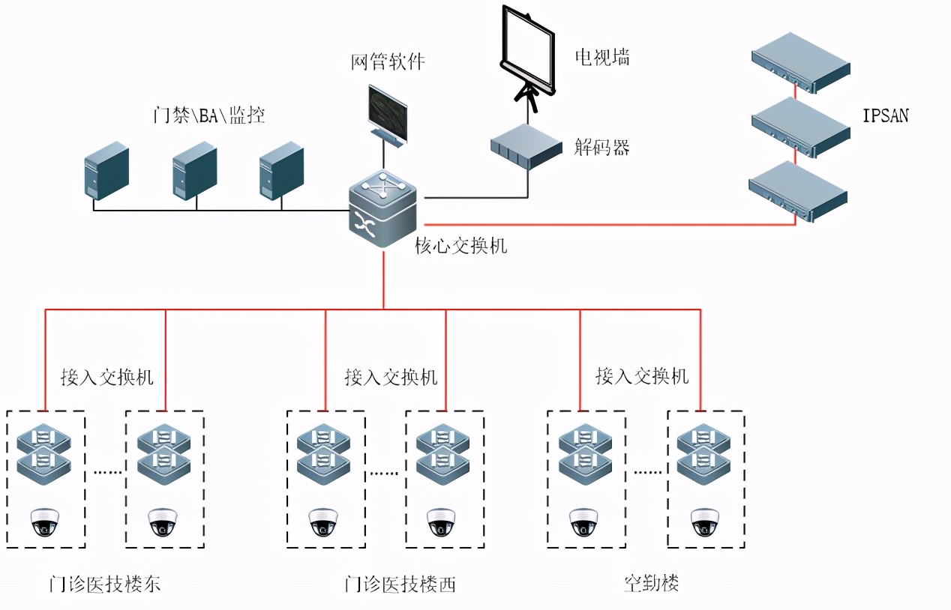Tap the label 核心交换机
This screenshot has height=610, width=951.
pyautogui.click(x=460, y=245)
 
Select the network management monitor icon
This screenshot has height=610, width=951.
pyautogui.click(x=387, y=113)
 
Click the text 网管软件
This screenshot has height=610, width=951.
pyautogui.click(x=388, y=61)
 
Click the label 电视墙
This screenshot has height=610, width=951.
pyautogui.click(x=601, y=57)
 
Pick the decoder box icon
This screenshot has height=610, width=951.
pyautogui.click(x=526, y=144)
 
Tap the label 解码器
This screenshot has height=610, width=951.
pyautogui.click(x=601, y=147)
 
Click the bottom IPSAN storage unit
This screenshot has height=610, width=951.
pyautogui.click(x=798, y=192)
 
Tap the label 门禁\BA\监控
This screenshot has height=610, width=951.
pyautogui.click(x=208, y=115)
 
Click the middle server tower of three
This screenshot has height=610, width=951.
pyautogui.click(x=194, y=171)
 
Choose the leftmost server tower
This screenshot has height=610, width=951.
pyautogui.click(x=106, y=171)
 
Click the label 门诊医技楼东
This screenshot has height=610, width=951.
pyautogui.click(x=105, y=584)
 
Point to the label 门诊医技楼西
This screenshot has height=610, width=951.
pyautogui.click(x=400, y=584)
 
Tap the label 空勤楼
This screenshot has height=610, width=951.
pyautogui.click(x=651, y=582)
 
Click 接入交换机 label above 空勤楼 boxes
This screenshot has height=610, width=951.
pyautogui.click(x=642, y=375)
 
